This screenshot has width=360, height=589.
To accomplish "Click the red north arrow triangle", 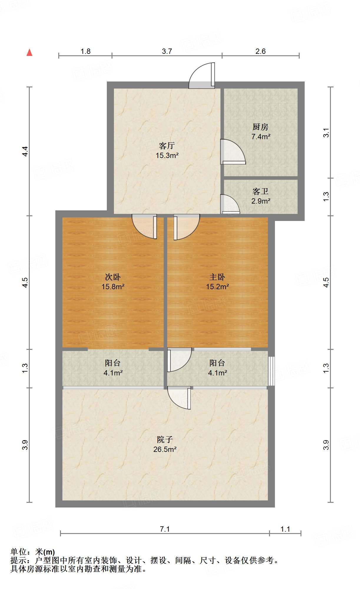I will click(29, 53).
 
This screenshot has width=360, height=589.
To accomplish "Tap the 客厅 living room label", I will click(167, 146).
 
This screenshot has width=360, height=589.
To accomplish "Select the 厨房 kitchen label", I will click(261, 127).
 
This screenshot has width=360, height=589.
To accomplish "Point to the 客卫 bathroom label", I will click(261, 192).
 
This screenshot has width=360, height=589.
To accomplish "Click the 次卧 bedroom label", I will click(113, 277).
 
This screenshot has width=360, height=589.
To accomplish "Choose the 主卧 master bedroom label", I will click(217, 277).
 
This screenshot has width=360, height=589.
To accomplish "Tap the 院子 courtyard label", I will click(165, 440).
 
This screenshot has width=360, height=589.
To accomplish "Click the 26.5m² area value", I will click(165, 449).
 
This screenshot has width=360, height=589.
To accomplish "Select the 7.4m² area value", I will click(261, 137).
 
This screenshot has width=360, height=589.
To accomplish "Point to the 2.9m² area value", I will click(261, 201).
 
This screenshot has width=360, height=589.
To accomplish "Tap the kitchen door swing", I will click(232, 152).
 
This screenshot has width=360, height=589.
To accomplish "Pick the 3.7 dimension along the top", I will click(167, 51).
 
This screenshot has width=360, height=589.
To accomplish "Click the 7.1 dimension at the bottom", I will click(165, 529).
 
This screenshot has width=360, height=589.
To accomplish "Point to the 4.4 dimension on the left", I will click(25, 151).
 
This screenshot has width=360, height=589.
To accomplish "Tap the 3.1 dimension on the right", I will click(326, 133).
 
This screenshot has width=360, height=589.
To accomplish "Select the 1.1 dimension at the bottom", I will click(285, 529).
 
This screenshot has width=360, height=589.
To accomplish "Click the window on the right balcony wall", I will click(272, 371).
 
